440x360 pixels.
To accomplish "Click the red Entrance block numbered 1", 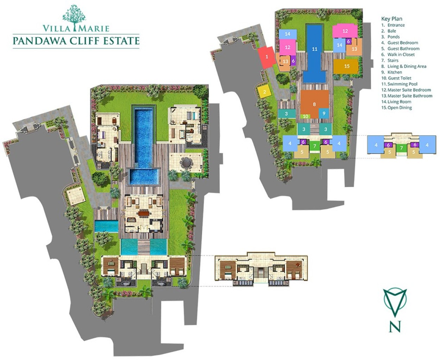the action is click(266, 57).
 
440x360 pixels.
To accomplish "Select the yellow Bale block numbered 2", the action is click(265, 92).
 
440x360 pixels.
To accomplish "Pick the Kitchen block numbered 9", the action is click(324, 113).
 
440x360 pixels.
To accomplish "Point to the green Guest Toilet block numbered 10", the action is click(305, 116).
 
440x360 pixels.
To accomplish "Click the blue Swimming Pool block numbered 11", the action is click(314, 53).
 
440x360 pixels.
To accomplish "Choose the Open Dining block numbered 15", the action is click(346, 67).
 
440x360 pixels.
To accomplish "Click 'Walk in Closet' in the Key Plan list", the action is click(401, 55).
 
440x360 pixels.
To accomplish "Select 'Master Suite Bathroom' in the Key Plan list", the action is click(410, 96).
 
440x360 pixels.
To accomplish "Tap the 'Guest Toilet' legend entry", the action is click(400, 78).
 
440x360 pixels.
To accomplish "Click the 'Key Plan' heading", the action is click(391, 19).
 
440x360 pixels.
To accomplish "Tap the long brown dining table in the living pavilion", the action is click(144, 214).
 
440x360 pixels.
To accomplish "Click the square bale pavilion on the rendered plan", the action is click(76, 195).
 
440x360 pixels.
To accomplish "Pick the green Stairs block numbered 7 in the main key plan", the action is click(315, 146).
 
